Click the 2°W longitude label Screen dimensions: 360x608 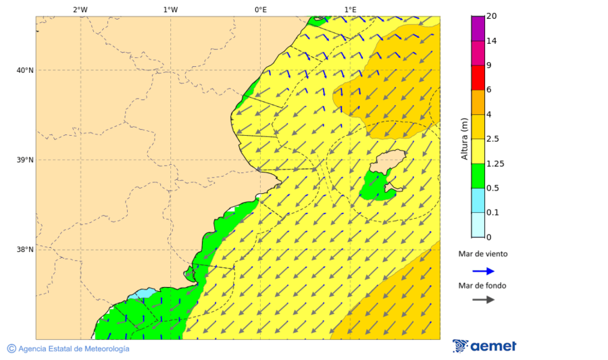click(80, 9)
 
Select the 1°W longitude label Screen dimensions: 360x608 click(170, 9)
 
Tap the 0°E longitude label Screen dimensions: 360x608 click(260, 9)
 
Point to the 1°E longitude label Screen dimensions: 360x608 click(351, 9)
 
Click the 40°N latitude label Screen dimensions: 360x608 click(25, 70)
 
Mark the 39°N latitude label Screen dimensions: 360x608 click(25, 160)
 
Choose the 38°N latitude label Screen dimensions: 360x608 click(25, 250)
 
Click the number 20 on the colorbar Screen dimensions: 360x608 click(492, 16)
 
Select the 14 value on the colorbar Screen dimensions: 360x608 click(492, 41)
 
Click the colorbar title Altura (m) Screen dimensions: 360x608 click(464, 139)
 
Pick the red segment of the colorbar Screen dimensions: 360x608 click(478, 77)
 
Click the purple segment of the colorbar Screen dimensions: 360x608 click(478, 28)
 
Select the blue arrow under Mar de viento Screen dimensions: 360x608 click(483, 271)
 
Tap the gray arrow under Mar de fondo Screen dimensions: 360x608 click(483, 300)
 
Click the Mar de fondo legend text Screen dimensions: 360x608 click(482, 286)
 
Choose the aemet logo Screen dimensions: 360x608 click(484, 346)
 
